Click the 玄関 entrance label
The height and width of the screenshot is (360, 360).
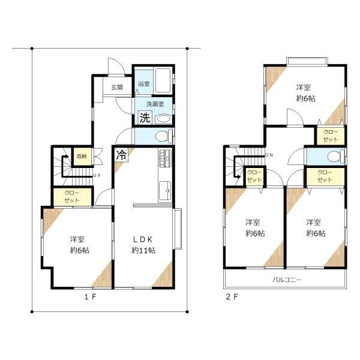tap(117, 87)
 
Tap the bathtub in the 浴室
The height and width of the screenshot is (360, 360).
tap(163, 80)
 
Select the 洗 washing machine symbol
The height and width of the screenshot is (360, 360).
tap(145, 118)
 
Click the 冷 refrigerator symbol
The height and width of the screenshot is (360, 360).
tap(121, 155)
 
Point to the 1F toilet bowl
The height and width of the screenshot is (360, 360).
tap(164, 136)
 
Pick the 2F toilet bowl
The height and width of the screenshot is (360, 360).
tap(335, 157)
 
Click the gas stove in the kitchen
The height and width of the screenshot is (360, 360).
tap(165, 157)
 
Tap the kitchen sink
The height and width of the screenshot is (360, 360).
tap(165, 190)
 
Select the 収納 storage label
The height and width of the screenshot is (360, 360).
tap(82, 157)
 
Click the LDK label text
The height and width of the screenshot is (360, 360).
tap(143, 239)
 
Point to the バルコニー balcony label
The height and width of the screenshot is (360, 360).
tap(287, 280)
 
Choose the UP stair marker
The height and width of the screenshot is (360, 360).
tap(97, 175)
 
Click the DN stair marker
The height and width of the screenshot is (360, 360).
tap(269, 155)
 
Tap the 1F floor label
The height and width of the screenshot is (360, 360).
tap(90, 297)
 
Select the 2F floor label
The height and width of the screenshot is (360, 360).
tap(232, 297)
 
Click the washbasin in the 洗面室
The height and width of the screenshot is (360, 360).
tap(163, 119)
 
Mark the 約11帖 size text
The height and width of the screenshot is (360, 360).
tap(143, 250)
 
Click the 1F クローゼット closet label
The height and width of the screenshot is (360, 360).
tap(72, 197)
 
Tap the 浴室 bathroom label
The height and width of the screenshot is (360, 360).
tap(144, 84)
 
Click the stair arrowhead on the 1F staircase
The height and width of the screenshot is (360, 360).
tap(67, 157)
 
